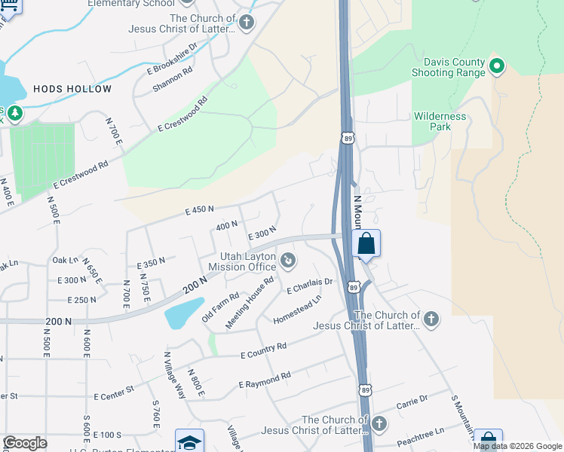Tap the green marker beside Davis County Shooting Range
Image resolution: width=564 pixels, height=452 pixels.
pos(497,67)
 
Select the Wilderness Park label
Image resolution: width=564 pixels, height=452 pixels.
pos(440,122)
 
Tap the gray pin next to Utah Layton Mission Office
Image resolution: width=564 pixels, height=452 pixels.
pos(287,261)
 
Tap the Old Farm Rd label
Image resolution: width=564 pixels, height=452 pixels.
pos(220,308)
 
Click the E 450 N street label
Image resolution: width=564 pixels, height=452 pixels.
pos(200,210)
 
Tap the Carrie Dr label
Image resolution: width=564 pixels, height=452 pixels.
pos(412,401)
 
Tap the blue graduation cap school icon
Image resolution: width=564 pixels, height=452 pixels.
pos(189,441)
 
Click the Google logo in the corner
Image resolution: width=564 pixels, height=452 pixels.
pos(25,443)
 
